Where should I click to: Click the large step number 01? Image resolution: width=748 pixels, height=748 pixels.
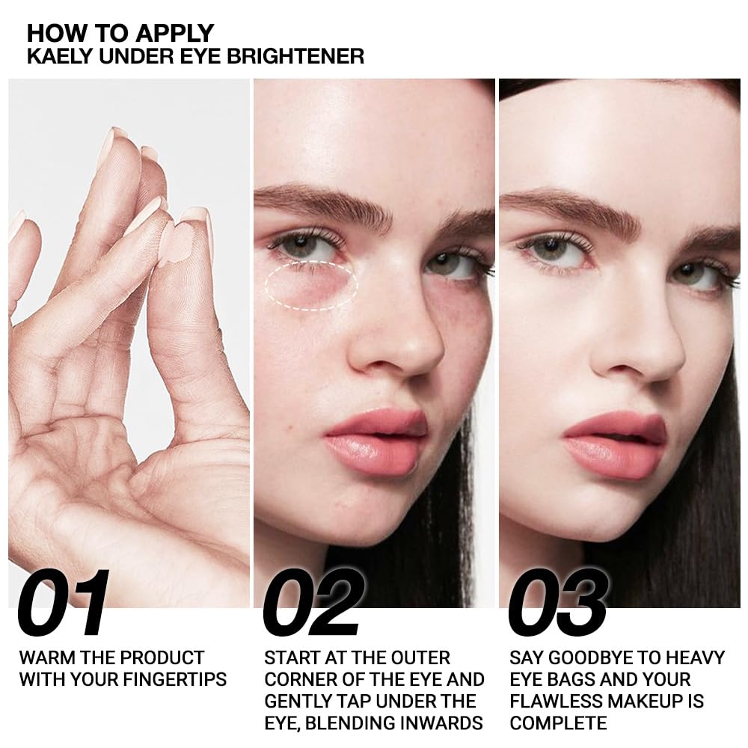(x=64, y=604)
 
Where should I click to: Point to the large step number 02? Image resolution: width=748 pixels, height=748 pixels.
(x=313, y=604)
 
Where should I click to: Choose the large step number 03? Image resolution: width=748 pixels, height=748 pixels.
(x=558, y=604)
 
